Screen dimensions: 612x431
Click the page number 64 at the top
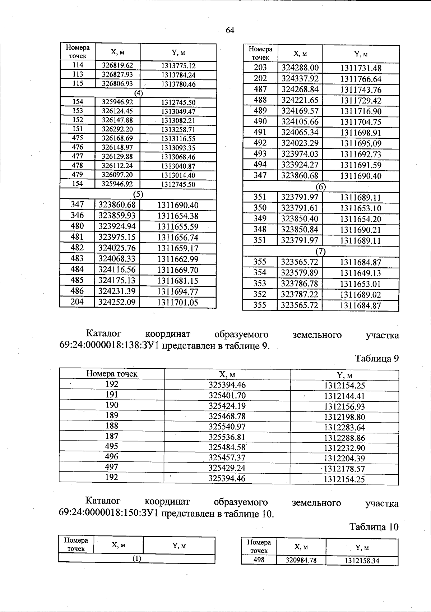230,31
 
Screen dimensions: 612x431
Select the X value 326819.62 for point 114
117,65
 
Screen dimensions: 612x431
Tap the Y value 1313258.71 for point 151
178,129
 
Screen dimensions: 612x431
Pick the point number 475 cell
78,138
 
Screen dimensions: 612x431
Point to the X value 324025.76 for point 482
117,248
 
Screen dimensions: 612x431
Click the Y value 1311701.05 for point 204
178,302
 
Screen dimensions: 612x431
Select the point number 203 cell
260,68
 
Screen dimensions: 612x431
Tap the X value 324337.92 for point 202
300,78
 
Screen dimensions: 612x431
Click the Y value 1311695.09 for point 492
361,143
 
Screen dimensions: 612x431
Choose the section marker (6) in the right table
320,187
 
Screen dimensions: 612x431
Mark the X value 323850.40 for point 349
300,219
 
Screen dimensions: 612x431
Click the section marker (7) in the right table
320,252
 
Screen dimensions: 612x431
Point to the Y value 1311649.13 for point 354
360,273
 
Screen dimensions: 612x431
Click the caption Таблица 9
377,358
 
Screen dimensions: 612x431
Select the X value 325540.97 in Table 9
227,427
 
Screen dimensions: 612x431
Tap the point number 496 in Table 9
112,457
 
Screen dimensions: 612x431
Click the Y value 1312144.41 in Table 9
344,396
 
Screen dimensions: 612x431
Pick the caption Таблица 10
374,527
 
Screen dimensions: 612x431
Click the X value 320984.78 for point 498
301,560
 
